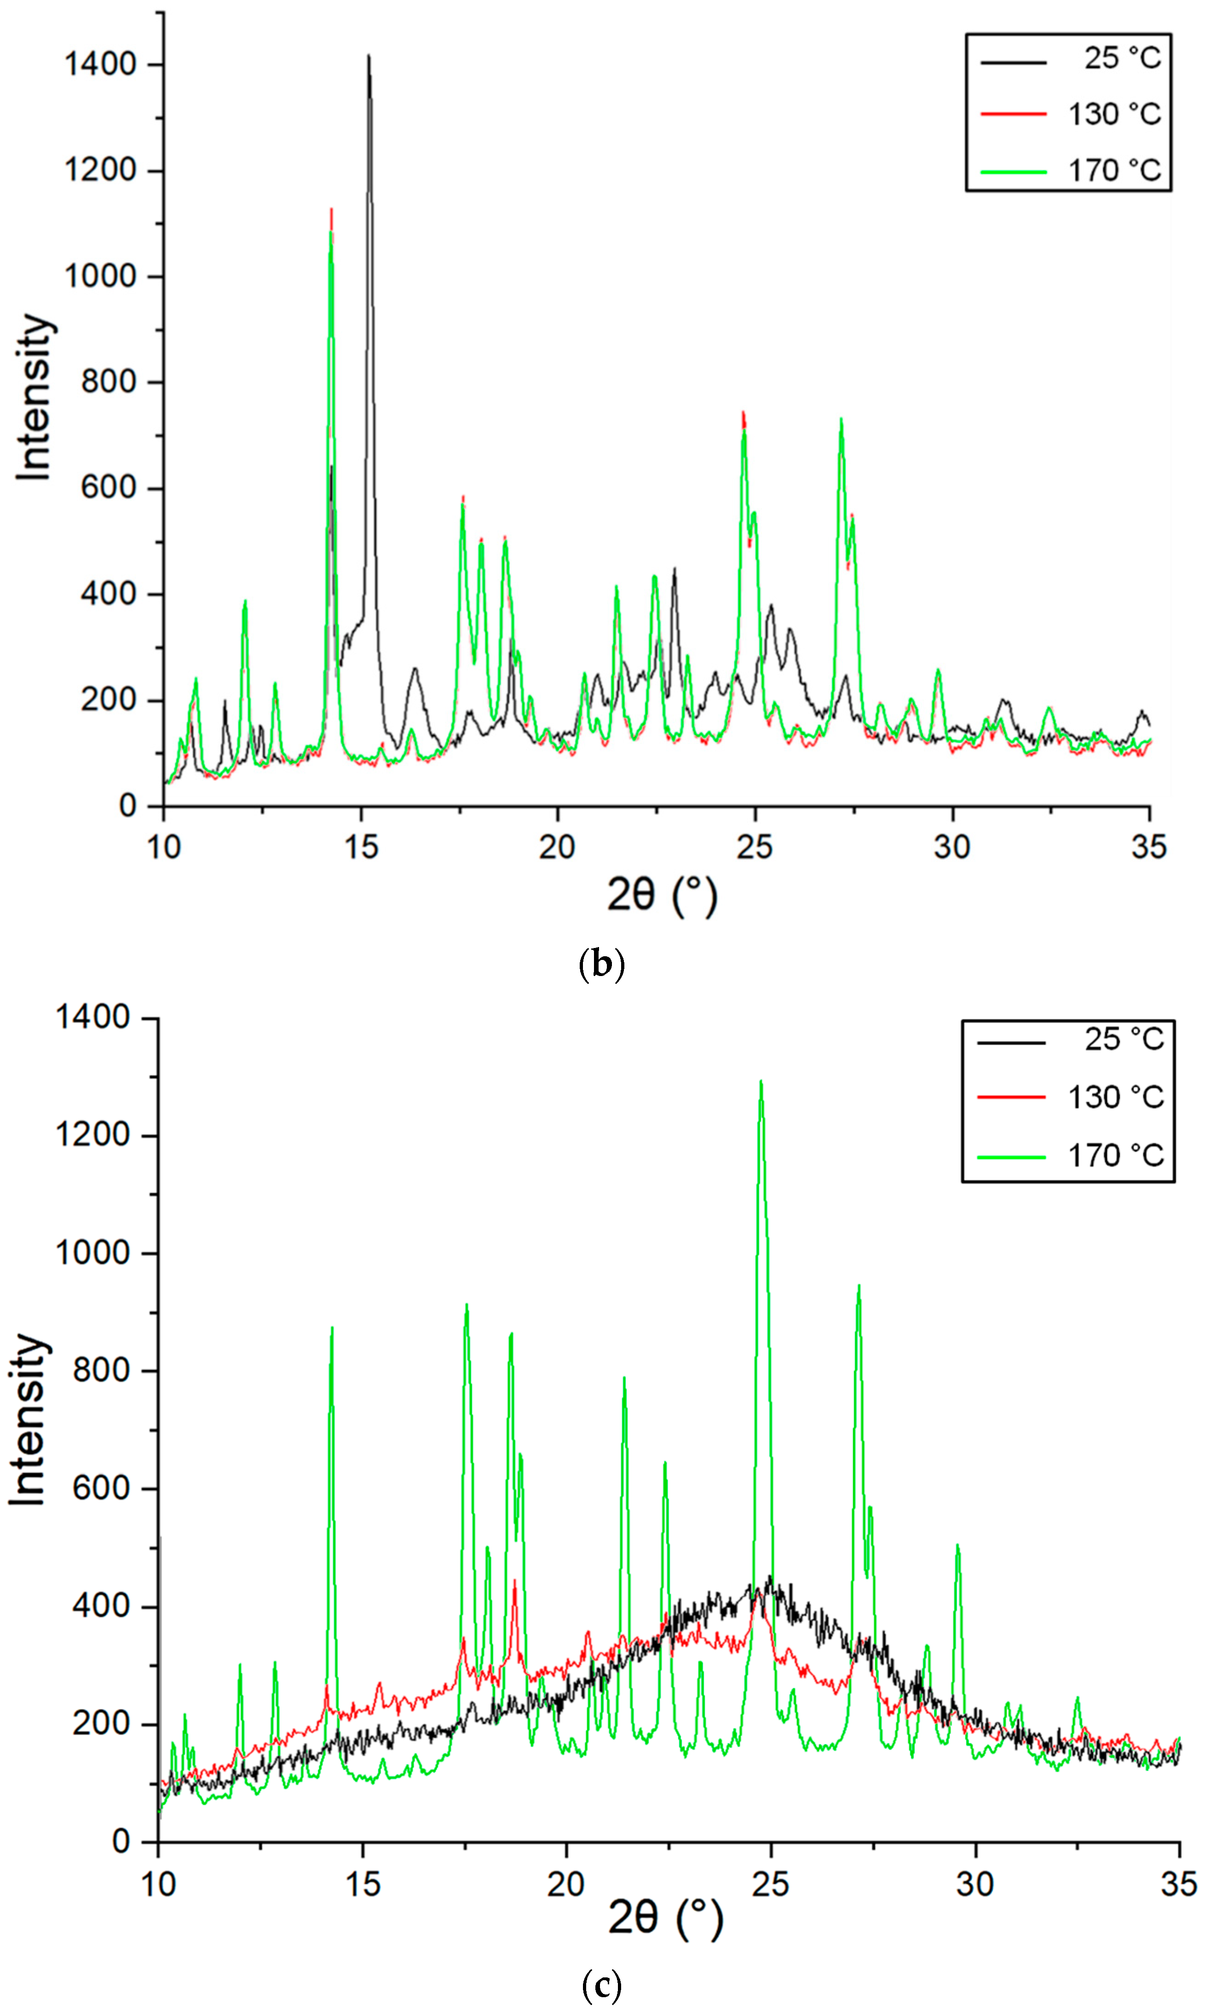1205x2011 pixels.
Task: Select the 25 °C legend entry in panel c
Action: (1124, 1039)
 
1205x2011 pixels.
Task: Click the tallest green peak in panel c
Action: (761, 1082)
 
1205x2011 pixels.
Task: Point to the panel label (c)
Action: (602, 1985)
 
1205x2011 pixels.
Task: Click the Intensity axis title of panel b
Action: (34, 397)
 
